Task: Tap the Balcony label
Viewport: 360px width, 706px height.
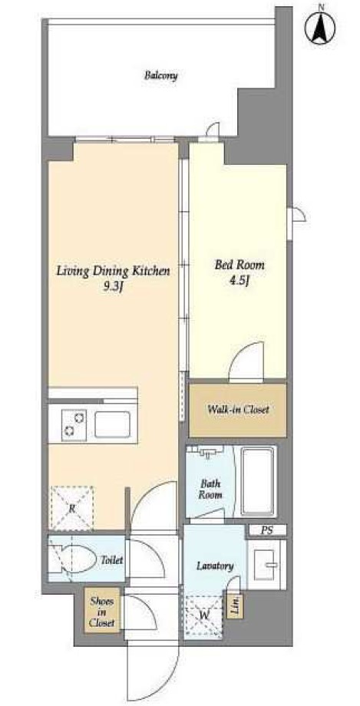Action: click(x=161, y=75)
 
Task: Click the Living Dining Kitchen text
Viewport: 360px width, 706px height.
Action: click(x=113, y=271)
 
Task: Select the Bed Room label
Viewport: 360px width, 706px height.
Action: click(x=239, y=265)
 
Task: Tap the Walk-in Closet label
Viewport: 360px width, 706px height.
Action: click(x=238, y=410)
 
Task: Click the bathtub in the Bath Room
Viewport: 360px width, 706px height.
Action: click(x=258, y=481)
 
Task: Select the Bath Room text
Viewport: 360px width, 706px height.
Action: click(x=211, y=490)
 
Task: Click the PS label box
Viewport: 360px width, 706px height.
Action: click(x=266, y=530)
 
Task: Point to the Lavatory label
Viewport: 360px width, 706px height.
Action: click(x=215, y=566)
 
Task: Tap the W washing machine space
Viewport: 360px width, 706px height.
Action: click(x=203, y=615)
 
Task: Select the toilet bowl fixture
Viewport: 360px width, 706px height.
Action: click(x=74, y=559)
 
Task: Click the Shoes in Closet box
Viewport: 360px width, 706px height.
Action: click(x=102, y=612)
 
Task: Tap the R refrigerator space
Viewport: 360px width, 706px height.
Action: click(x=71, y=508)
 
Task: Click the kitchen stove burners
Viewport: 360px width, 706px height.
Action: click(x=74, y=424)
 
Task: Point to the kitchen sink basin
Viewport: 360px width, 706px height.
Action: click(x=113, y=424)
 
